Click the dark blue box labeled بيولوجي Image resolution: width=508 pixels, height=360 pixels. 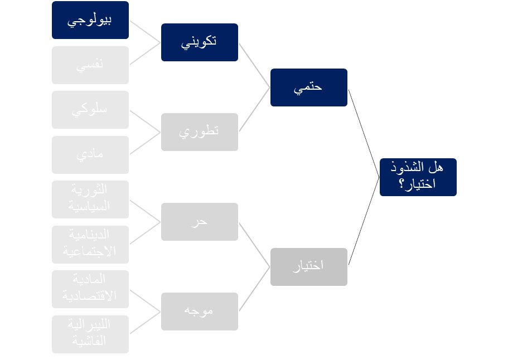click(90, 20)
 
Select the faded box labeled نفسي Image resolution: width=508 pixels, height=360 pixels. click(90, 65)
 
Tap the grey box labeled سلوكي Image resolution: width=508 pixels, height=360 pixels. click(90, 110)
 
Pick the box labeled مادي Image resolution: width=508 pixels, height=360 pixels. click(90, 154)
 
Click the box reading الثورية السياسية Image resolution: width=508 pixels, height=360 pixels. click(90, 199)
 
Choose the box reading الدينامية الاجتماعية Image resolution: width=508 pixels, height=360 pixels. click(90, 244)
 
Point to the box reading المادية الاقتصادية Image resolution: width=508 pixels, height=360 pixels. click(90, 289)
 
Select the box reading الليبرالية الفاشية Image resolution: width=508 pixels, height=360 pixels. click(90, 334)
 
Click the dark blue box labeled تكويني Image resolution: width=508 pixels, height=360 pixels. click(200, 42)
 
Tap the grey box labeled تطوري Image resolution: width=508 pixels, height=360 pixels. click(200, 132)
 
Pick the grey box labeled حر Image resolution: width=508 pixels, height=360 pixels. click(200, 222)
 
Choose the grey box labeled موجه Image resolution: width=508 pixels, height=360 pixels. click(200, 311)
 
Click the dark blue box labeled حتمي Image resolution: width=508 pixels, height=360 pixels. click(309, 87)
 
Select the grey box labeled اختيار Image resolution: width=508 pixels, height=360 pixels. click(309, 266)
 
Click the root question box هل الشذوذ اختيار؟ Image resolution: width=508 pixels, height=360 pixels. click(418, 177)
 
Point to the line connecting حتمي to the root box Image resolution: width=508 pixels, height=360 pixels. click(364, 133)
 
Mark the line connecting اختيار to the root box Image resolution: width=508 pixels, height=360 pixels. click(364, 221)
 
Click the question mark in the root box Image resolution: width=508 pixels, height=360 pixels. click(401, 185)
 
